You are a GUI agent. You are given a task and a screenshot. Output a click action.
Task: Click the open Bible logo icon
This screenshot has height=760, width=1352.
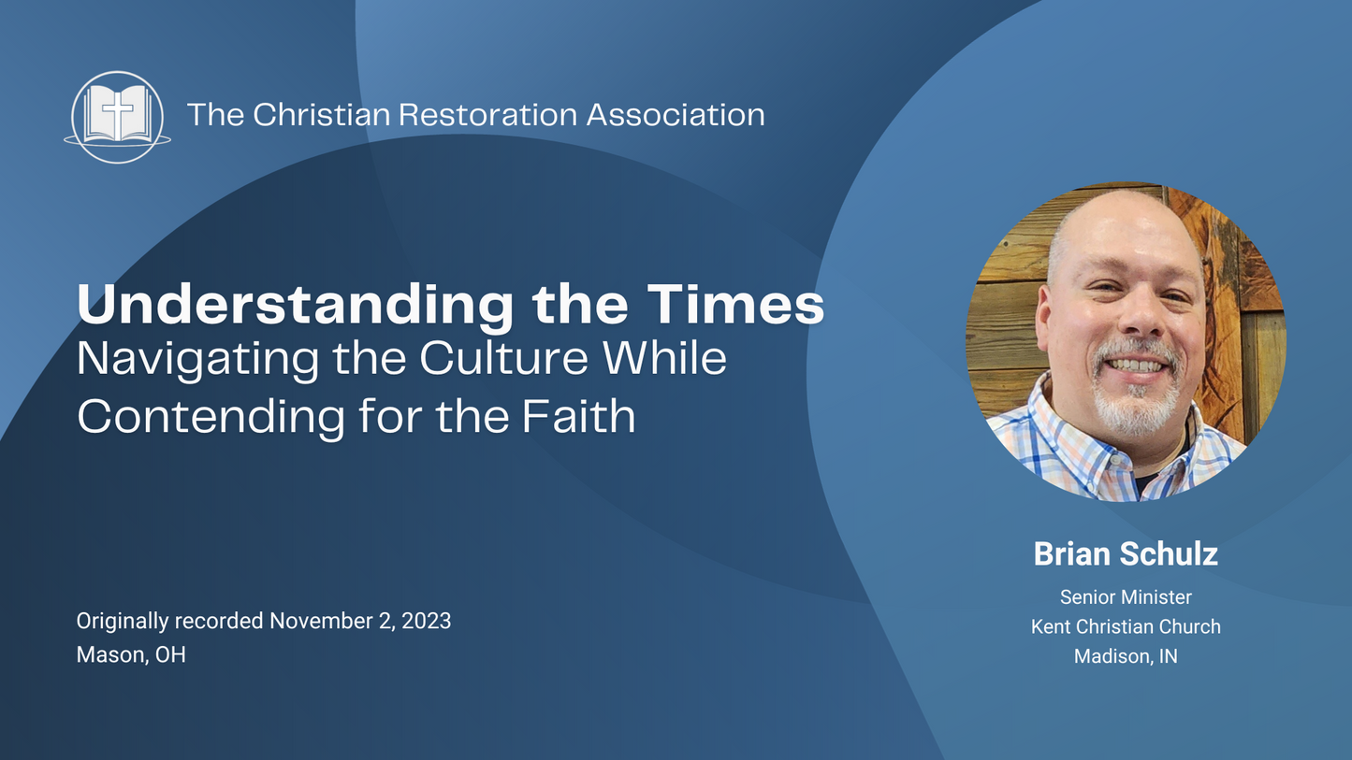[x=118, y=117]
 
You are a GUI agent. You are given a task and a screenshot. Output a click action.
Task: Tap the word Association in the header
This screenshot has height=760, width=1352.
[x=676, y=115]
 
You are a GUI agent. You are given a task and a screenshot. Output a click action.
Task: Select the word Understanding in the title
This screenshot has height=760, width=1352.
[x=294, y=305]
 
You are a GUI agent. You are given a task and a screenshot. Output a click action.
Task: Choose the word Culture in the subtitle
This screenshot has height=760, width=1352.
[x=504, y=360]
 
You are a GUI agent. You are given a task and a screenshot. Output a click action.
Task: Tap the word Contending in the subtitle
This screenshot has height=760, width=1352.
[x=211, y=416]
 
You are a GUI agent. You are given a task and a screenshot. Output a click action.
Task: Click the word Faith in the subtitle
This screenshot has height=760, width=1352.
[x=578, y=416]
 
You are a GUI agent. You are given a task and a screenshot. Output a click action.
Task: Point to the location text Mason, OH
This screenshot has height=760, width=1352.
[x=131, y=654]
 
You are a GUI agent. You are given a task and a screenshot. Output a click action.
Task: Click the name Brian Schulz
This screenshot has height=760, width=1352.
[x=1126, y=553]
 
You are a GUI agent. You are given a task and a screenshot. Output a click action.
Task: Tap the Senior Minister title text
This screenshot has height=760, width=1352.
[x=1126, y=596]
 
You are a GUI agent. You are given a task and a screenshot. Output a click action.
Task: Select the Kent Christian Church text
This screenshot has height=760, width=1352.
[x=1126, y=626]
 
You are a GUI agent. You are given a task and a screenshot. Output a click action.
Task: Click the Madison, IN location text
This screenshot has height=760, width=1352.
[x=1126, y=656]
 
